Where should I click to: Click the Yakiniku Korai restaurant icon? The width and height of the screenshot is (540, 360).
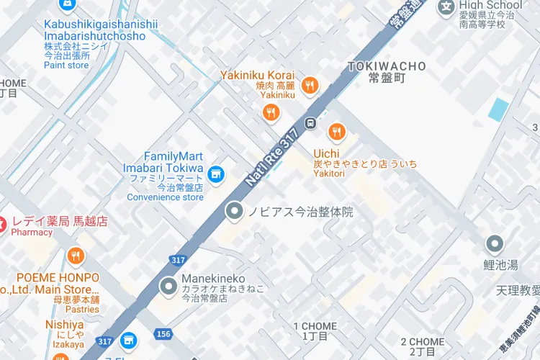(310, 85)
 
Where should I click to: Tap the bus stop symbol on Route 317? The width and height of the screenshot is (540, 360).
(310, 122)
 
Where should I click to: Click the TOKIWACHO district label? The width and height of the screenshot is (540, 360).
(387, 66)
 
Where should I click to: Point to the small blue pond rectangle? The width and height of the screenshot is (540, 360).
(498, 109)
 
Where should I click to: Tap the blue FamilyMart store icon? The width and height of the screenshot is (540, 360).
(215, 174)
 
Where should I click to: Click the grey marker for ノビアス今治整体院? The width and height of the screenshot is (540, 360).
(234, 212)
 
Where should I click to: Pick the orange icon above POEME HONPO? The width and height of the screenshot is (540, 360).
(76, 256)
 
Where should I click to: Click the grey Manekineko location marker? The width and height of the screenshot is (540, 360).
(169, 287)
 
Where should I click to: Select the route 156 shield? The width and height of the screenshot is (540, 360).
(163, 333)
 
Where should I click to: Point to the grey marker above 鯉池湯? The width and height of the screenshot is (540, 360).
(494, 244)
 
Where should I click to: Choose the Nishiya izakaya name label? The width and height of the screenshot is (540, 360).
(65, 325)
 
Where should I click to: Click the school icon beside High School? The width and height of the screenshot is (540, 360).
(447, 7)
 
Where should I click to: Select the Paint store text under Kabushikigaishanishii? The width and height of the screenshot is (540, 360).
(67, 66)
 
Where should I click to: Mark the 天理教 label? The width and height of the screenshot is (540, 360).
(518, 290)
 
